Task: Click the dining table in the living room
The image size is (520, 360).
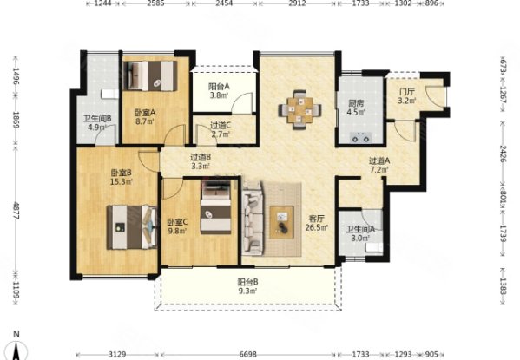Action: [299, 109]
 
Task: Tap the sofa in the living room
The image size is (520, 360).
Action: [253, 219]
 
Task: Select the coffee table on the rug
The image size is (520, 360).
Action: [281, 222]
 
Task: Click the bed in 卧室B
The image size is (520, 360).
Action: [132, 227]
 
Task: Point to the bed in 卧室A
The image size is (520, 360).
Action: [150, 75]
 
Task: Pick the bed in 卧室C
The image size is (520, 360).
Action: [216, 207]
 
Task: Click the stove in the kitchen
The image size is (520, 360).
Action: [360, 136]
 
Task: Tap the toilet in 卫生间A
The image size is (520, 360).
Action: [374, 247]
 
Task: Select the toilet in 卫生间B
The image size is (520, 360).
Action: [110, 94]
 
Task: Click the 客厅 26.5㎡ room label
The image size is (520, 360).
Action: [316, 223]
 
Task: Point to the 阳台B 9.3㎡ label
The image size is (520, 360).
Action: [247, 286]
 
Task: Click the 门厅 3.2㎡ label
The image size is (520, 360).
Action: [407, 96]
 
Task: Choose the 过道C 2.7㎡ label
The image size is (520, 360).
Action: [221, 129]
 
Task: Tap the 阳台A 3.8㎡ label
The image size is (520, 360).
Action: [219, 91]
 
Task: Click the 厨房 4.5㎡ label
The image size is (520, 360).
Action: [356, 108]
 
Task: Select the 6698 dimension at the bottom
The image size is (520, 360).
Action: [247, 355]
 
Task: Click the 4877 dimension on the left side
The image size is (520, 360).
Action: [16, 210]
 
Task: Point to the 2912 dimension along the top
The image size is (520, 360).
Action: [297, 3]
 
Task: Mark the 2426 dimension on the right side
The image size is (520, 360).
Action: [504, 154]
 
